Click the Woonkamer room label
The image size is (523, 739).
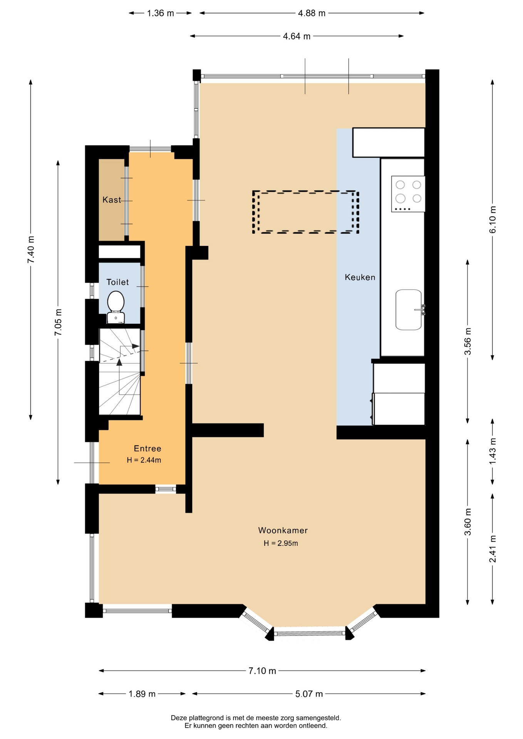tap(283, 530)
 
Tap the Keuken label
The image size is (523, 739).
tap(360, 277)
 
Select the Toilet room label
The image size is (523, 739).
tap(117, 282)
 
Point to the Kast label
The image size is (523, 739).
tap(112, 200)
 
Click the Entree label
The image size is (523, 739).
tap(148, 448)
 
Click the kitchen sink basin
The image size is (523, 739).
tap(409, 310)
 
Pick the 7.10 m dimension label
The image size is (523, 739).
tap(262, 671)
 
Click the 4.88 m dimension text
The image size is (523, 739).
tap(312, 13)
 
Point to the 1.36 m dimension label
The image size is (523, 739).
tap(161, 13)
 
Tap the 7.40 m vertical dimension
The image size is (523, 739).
tap(31, 249)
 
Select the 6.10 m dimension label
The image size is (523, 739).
tap(493, 219)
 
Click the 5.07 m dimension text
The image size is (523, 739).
tap(309, 694)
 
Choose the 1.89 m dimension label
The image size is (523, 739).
tap(142, 694)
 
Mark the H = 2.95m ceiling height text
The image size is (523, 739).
tap(281, 543)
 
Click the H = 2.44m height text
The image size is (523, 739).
tap(144, 460)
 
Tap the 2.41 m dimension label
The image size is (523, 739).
tap(493, 548)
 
